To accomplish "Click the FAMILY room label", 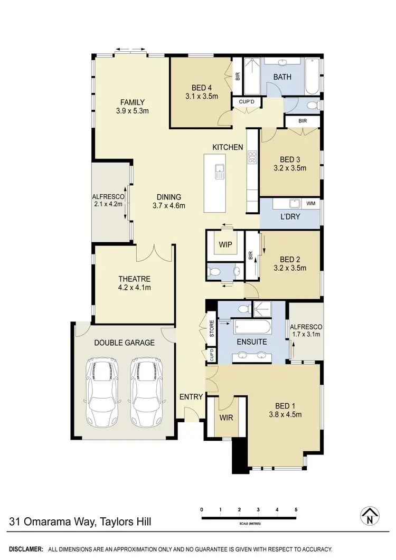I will click(132, 102).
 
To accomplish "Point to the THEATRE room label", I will click(135, 279).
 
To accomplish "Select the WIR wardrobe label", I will click(227, 417).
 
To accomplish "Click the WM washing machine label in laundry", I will click(310, 203).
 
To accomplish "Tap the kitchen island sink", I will click(220, 170).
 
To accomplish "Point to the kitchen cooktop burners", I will click(252, 157).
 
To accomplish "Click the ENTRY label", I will click(191, 397).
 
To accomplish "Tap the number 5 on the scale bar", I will click(296, 509).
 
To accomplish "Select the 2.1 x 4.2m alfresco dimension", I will click(108, 204).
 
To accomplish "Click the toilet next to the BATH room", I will click(312, 106).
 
